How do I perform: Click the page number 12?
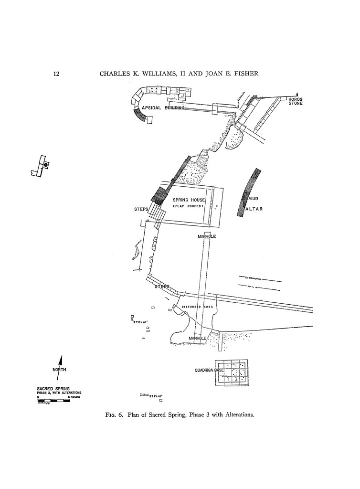coord(56,74)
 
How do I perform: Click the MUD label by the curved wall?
coord(253,198)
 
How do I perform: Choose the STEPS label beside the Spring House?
coord(141,210)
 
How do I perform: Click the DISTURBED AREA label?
coord(197,307)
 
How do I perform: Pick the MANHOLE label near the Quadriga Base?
coord(197,338)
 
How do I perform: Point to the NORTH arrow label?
coord(59,370)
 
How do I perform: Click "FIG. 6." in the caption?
coord(115,415)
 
